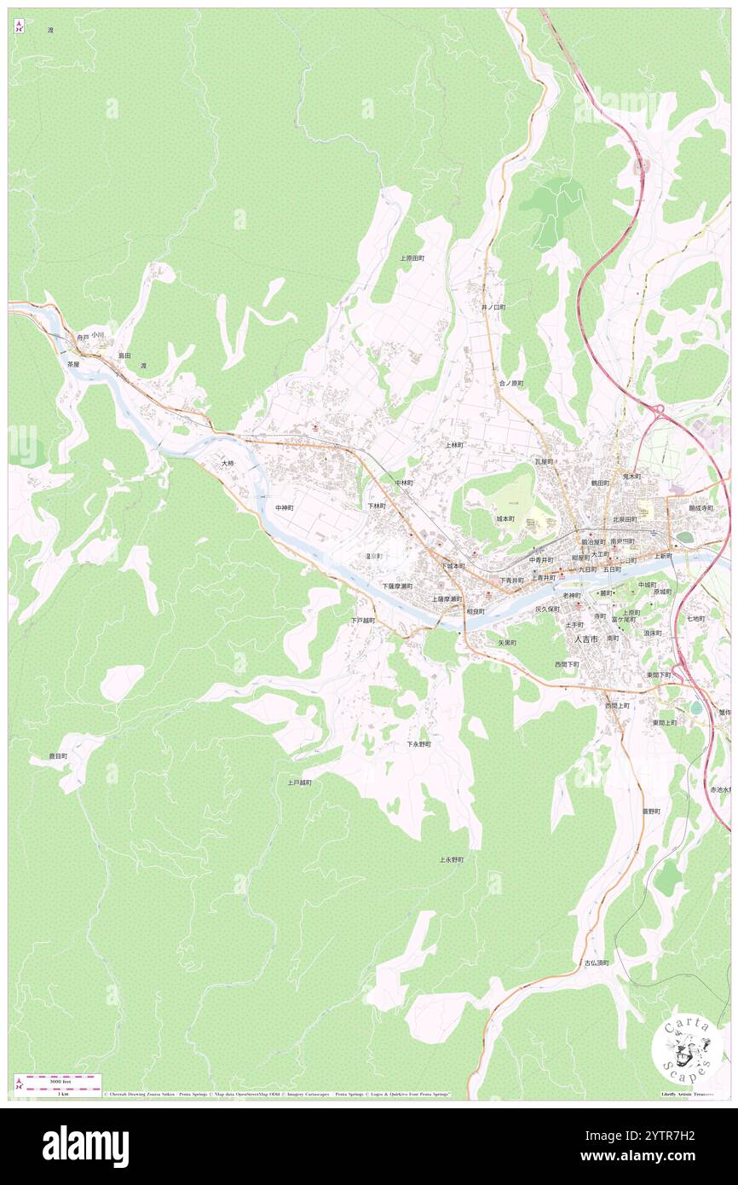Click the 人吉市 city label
(x=585, y=639)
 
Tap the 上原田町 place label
(x=412, y=257)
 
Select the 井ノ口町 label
(x=493, y=307)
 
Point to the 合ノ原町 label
(x=511, y=384)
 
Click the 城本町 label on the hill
(x=505, y=518)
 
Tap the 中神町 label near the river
(x=285, y=507)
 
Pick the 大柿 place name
(x=227, y=463)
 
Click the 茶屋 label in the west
(x=73, y=364)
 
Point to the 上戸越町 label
(x=299, y=782)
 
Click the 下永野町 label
(x=418, y=744)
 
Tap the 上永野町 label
(x=452, y=859)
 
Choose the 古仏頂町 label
(x=597, y=962)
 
